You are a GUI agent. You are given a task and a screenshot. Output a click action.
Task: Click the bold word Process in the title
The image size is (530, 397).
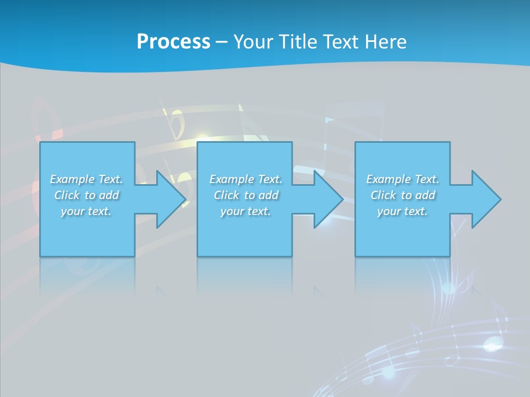pyautogui.click(x=173, y=41)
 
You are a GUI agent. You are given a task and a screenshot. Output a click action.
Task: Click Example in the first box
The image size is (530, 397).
pyautogui.click(x=72, y=179)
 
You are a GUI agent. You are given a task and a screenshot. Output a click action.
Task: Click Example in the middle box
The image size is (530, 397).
pyautogui.click(x=231, y=179)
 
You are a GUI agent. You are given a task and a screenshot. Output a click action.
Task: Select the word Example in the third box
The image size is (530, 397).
pyautogui.click(x=388, y=179)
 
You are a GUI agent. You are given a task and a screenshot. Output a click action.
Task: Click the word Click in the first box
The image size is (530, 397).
pyautogui.click(x=67, y=195)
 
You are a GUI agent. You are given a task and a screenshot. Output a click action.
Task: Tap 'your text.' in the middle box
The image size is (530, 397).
pyautogui.click(x=246, y=211)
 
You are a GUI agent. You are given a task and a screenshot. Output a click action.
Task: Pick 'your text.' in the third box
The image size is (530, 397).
pyautogui.click(x=402, y=211)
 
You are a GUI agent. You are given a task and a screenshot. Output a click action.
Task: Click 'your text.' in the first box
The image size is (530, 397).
pyautogui.click(x=86, y=211)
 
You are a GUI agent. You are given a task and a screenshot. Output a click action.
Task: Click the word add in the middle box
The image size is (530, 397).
pyautogui.click(x=268, y=195)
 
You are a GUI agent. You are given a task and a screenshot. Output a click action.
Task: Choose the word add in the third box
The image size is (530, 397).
pyautogui.click(x=425, y=195)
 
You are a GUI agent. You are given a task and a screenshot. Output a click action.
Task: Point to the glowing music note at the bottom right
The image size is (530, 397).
pyautogui.click(x=491, y=345)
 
